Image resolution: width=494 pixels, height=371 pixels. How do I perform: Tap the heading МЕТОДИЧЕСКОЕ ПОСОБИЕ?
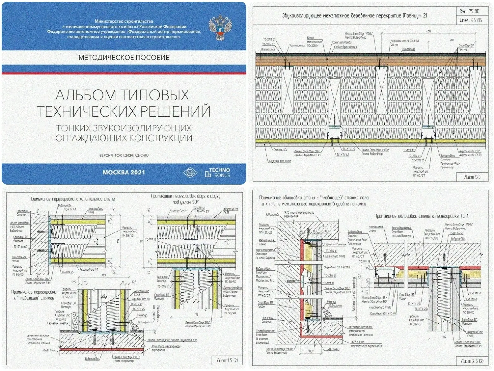pyautogui.click(x=124, y=58)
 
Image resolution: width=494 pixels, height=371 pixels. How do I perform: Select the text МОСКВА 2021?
pyautogui.click(x=124, y=173)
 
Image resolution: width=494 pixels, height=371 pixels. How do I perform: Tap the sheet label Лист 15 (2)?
pyautogui.click(x=227, y=360)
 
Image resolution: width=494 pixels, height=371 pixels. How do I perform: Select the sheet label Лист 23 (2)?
pyautogui.click(x=472, y=361)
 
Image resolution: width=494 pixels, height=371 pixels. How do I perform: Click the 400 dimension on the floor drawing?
pyautogui.click(x=428, y=32)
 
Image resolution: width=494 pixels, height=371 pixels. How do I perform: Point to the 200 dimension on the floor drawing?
pyautogui.click(x=452, y=40)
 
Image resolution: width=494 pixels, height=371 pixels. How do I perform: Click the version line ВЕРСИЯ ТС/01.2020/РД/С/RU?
pyautogui.click(x=124, y=156)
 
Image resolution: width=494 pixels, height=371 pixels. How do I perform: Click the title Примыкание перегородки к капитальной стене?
pyautogui.click(x=72, y=199)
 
